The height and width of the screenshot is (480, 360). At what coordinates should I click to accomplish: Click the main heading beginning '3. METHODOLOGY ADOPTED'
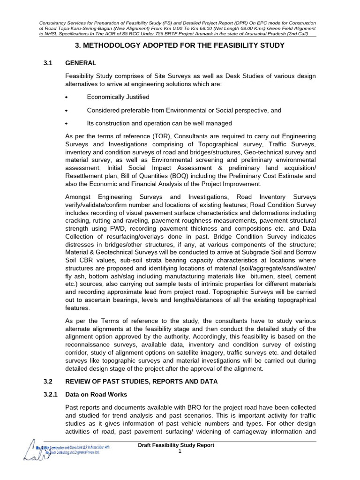(180, 45)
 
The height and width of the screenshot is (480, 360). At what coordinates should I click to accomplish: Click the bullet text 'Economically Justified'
(118, 97)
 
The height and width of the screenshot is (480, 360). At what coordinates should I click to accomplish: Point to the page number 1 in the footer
(180, 451)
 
